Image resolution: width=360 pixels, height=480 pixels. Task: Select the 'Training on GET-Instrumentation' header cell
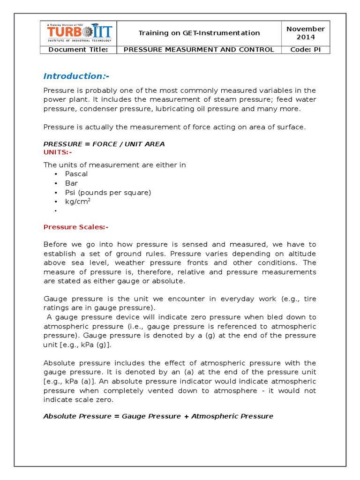point(199,33)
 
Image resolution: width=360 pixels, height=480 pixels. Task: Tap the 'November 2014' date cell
point(306,33)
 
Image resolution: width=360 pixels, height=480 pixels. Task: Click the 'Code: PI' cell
point(306,50)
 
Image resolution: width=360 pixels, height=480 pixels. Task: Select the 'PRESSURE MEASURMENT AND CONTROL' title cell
point(199,50)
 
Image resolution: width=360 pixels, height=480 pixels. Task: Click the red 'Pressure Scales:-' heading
point(76,227)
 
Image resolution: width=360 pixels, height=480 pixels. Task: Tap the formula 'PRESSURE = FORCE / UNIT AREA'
point(104,144)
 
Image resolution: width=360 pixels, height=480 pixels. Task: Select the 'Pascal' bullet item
point(76,174)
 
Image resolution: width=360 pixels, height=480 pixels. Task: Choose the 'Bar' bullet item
point(72,183)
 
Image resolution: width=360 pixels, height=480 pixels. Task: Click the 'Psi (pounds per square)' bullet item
point(108,193)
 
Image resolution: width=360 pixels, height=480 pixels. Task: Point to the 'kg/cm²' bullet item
point(78,202)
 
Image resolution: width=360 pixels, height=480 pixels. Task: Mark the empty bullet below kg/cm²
point(56,211)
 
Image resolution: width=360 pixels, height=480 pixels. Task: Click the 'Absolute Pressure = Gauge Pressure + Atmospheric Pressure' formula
point(158,416)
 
